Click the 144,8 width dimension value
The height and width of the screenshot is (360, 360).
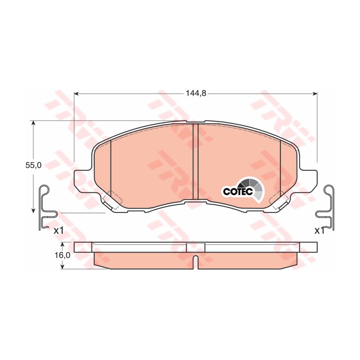(x=195, y=94)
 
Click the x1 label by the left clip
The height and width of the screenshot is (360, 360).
(x=59, y=230)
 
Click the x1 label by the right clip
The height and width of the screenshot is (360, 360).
(x=319, y=230)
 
